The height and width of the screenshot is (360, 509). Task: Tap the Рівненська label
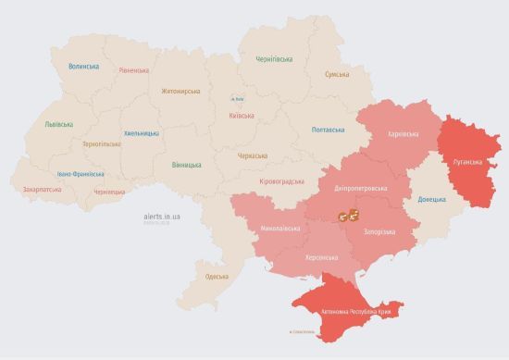pos(136,70)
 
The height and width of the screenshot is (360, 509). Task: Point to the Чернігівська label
pos(276,58)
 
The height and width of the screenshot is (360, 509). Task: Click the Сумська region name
pos(338,74)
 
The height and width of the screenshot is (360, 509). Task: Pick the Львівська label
pos(59,124)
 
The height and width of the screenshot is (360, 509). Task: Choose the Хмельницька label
pos(141,133)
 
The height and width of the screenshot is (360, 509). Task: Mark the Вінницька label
pos(186,165)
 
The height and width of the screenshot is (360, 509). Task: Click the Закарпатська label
pos(43,189)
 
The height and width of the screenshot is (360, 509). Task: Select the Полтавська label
pos(329,130)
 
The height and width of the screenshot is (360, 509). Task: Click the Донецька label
pos(430,199)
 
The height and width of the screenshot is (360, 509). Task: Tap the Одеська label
pos(217,276)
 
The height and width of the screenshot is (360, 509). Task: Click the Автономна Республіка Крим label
pos(354,312)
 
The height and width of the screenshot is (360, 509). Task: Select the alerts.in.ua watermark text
pos(161,216)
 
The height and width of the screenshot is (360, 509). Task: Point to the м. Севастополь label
pos(303,332)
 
